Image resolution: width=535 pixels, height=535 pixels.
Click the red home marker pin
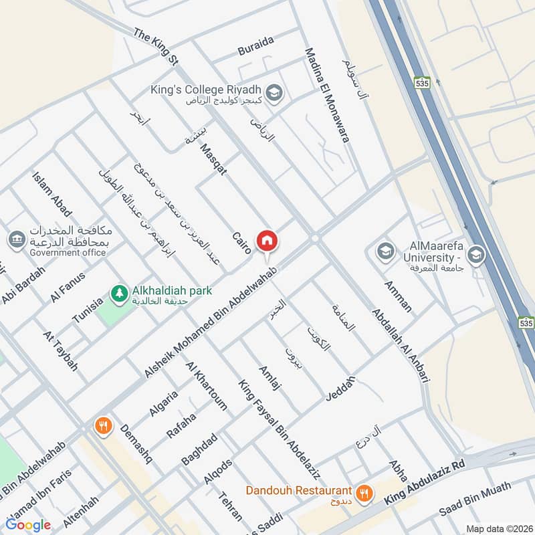point(267,241)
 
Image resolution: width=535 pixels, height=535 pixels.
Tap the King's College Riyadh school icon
point(273,94)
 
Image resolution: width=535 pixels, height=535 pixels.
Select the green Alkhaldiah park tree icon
point(119,293)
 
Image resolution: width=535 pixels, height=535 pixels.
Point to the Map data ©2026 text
point(498,528)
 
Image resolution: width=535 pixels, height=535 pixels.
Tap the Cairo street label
point(241,242)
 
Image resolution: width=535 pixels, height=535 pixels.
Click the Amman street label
point(398,296)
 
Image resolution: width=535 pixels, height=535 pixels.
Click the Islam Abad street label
point(51,194)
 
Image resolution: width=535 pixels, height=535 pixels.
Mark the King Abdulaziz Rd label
point(424,483)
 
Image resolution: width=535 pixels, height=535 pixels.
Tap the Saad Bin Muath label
point(474,499)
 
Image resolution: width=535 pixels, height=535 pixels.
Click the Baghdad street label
point(199,449)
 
